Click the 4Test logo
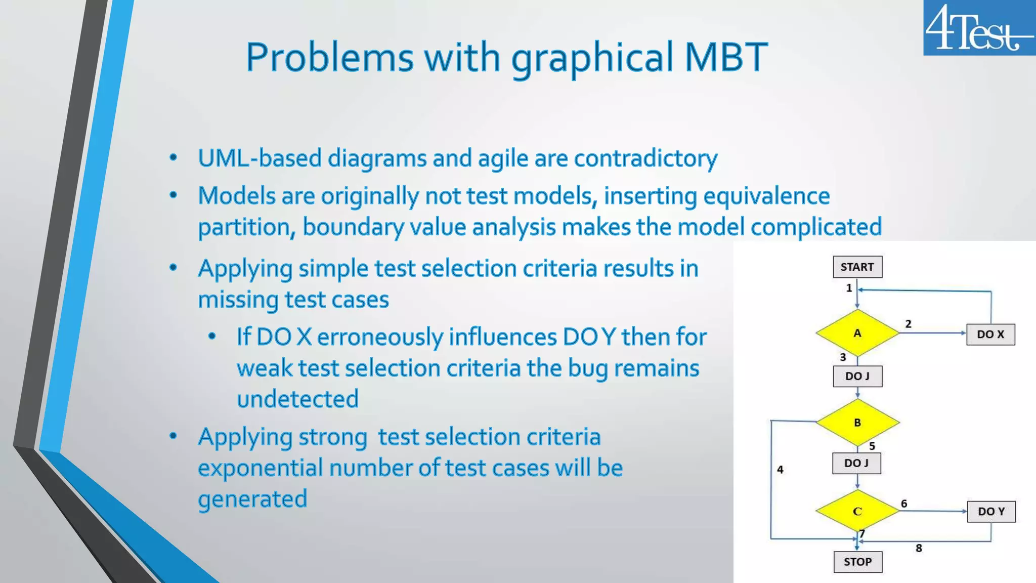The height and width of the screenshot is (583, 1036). tap(979, 27)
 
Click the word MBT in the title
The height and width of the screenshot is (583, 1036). tap(726, 57)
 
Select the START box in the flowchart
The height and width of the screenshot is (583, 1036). tap(857, 267)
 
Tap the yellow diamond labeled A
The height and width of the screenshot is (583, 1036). tap(857, 333)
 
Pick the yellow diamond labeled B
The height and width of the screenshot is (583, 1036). tap(857, 422)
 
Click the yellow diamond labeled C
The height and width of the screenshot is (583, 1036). tap(857, 511)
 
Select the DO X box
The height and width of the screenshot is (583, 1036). tap(990, 335)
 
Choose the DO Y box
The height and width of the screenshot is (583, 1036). tap(991, 512)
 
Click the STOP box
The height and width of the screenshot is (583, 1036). tap(857, 562)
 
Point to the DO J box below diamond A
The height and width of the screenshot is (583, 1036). tap(857, 377)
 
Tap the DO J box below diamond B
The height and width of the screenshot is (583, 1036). tap(856, 463)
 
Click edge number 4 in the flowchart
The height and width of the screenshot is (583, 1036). tap(780, 470)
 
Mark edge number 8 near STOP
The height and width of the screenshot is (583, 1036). tap(919, 548)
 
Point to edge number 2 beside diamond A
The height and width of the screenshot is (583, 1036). tap(909, 324)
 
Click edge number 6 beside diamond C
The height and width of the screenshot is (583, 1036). tap(904, 504)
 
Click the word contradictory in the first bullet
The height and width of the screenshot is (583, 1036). tap(645, 158)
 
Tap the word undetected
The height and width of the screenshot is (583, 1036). tap(297, 399)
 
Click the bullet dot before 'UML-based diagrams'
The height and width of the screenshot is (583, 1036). tap(174, 158)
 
